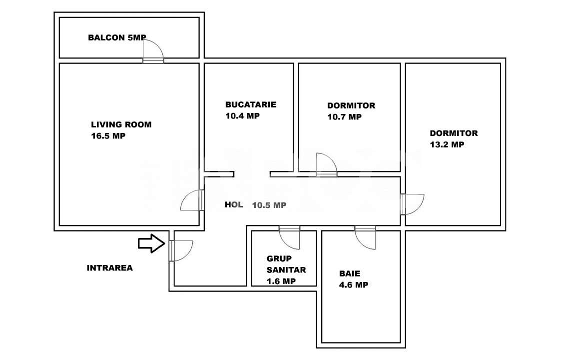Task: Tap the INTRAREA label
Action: (110, 268)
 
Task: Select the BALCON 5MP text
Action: (117, 37)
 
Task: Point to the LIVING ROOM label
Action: (121, 124)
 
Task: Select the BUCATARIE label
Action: (250, 104)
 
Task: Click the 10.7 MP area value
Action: (344, 117)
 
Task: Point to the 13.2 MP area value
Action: (447, 144)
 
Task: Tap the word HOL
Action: (234, 204)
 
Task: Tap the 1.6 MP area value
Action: (281, 281)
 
